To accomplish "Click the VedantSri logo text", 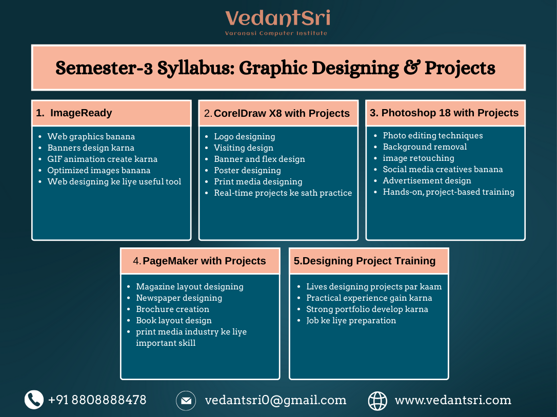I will pos(277,19).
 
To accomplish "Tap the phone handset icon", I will pos(34,400).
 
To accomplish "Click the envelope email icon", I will pos(186,400).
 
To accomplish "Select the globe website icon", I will pos(377,401).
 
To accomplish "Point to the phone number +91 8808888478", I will pos(97,400).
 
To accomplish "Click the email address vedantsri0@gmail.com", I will pos(275,400).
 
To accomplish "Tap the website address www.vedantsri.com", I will pos(453,400).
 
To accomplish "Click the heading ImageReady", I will pos(81,113).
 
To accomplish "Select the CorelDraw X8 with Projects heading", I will pos(282,113).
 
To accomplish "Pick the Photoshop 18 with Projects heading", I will pos(450,113).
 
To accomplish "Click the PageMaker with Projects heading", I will pos(204,261).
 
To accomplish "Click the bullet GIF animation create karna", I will pos(102,159).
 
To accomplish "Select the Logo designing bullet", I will pos(244,136).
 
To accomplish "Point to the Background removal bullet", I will pos(425,147).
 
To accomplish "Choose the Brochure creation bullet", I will pos(172,309).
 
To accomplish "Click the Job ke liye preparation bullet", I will pos(351,320).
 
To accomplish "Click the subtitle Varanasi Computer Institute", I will pos(276,33).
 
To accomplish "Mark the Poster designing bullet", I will pos(247,170).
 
